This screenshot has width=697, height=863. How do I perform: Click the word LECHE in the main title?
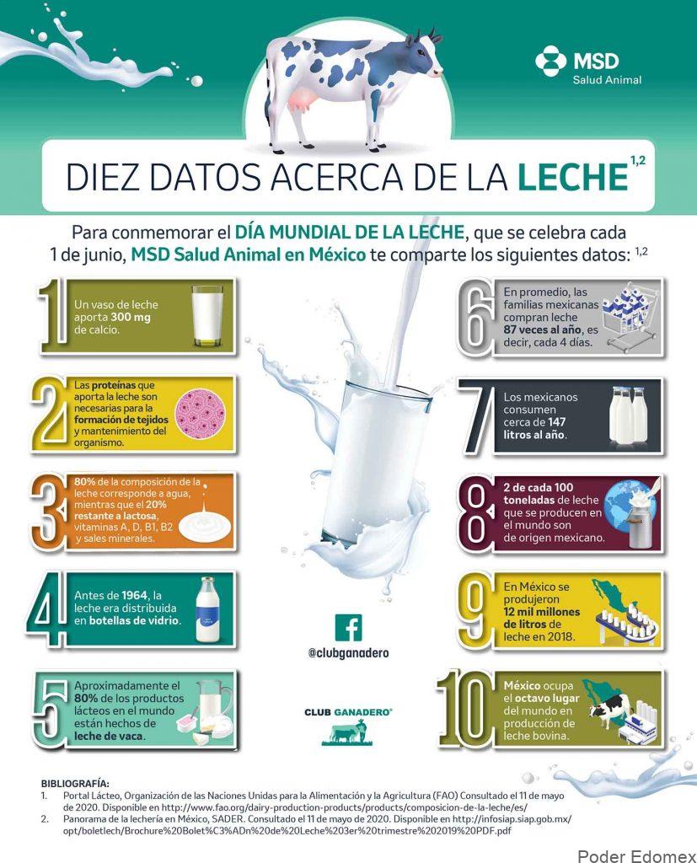pos(572,176)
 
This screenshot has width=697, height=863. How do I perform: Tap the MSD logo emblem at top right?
pos(550,61)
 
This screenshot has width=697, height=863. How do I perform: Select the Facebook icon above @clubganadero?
pos(349,627)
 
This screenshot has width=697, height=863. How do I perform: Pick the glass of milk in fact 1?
pos(207,316)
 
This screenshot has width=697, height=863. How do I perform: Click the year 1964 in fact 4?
pos(135,596)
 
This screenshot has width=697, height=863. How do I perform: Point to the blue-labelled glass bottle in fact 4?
pos(207,610)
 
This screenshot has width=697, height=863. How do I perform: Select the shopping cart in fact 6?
pos(631,319)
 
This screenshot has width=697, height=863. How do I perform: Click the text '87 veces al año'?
pos(542,330)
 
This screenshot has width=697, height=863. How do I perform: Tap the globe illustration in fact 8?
pos(625,507)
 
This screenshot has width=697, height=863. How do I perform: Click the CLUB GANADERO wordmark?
pos(349,712)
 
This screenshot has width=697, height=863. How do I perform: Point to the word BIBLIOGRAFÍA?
pos(75,783)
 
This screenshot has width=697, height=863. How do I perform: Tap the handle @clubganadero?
pos(349,653)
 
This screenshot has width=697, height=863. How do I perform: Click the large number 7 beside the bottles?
pos(479,419)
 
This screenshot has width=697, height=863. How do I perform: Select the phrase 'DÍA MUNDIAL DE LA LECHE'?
pos(350,233)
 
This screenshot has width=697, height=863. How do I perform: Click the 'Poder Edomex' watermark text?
pos(636,856)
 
